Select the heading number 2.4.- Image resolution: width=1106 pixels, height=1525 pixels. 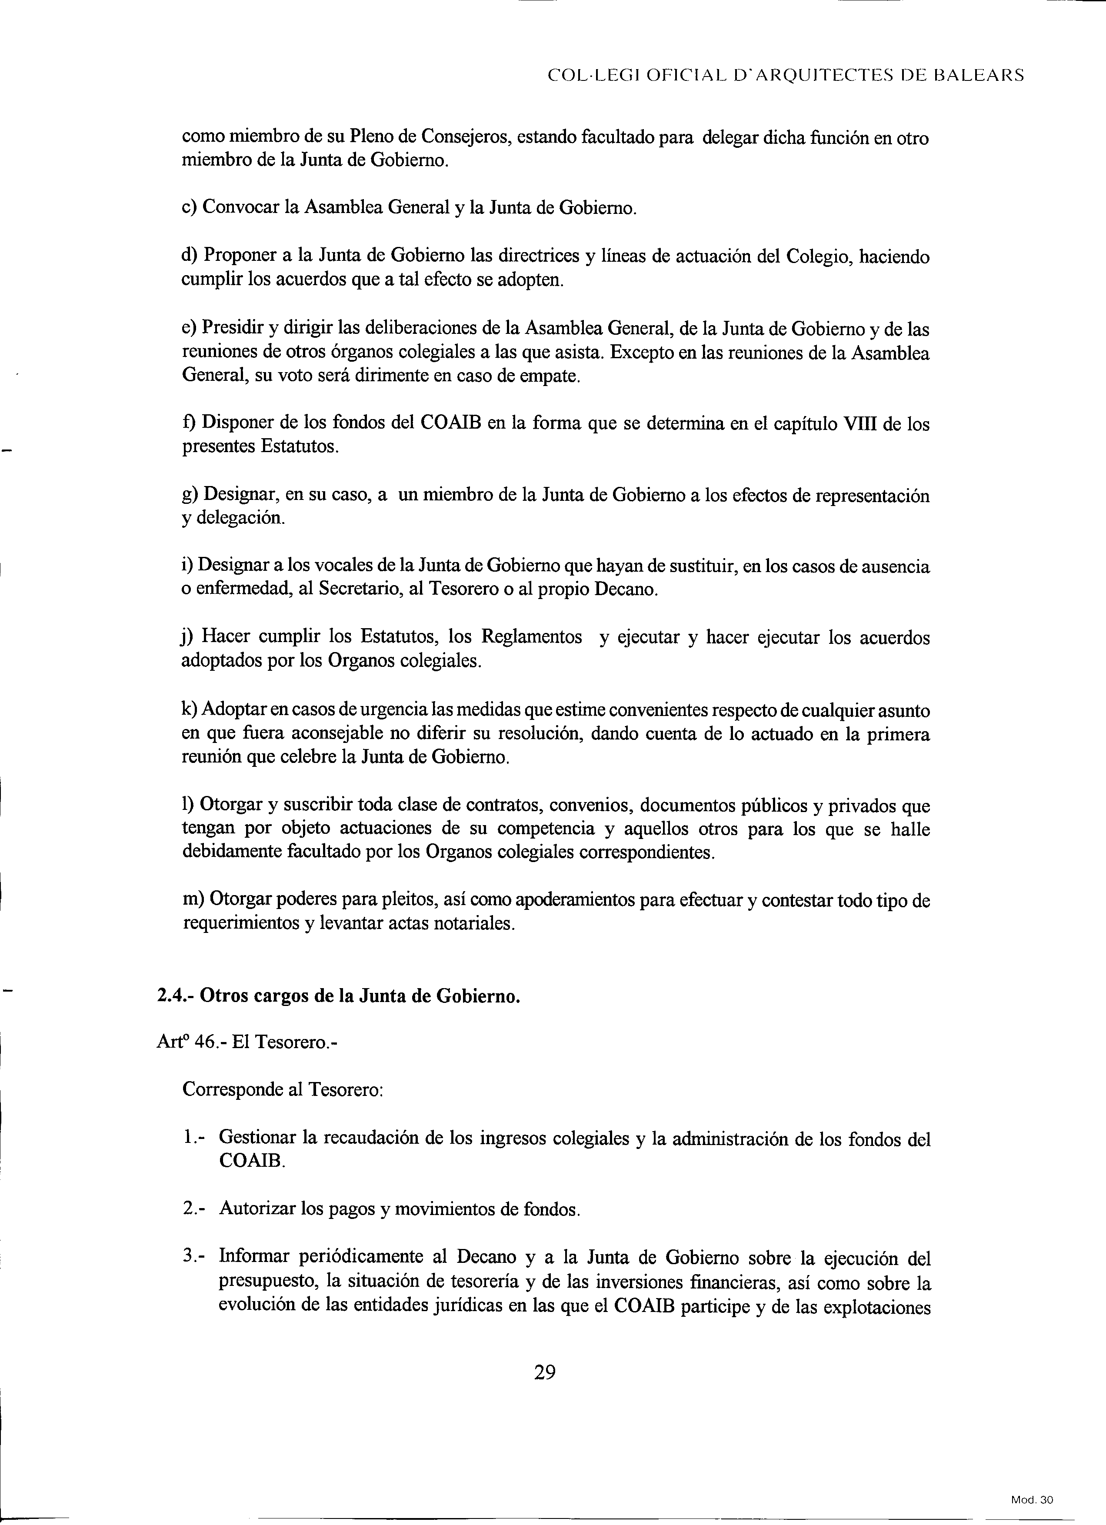click(176, 996)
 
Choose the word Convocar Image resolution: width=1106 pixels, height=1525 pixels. click(241, 208)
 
